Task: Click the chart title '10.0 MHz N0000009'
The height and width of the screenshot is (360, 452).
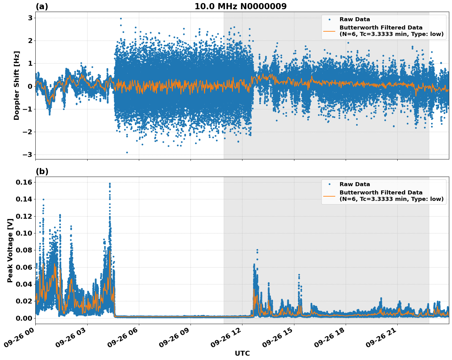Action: click(x=240, y=6)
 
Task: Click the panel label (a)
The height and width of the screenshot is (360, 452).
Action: click(x=42, y=6)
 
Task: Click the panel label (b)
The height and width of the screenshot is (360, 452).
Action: click(x=42, y=171)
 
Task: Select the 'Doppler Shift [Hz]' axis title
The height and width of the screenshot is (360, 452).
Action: click(x=17, y=85)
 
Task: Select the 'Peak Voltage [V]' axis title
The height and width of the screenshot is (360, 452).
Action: click(x=10, y=250)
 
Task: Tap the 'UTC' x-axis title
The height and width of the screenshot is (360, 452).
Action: click(x=242, y=353)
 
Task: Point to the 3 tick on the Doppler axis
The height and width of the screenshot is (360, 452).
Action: click(x=30, y=18)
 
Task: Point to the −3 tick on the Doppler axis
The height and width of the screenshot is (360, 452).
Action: click(x=28, y=155)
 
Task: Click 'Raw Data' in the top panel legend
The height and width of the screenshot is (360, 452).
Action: click(x=355, y=19)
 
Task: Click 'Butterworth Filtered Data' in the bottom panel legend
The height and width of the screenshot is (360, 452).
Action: click(x=381, y=193)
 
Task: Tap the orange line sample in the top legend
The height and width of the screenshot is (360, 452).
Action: click(x=329, y=31)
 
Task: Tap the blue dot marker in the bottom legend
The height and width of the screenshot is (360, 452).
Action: click(x=329, y=184)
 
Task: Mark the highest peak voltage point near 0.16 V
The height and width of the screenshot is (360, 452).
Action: click(x=110, y=184)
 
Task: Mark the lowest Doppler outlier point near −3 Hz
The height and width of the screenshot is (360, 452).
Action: click(x=127, y=152)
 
